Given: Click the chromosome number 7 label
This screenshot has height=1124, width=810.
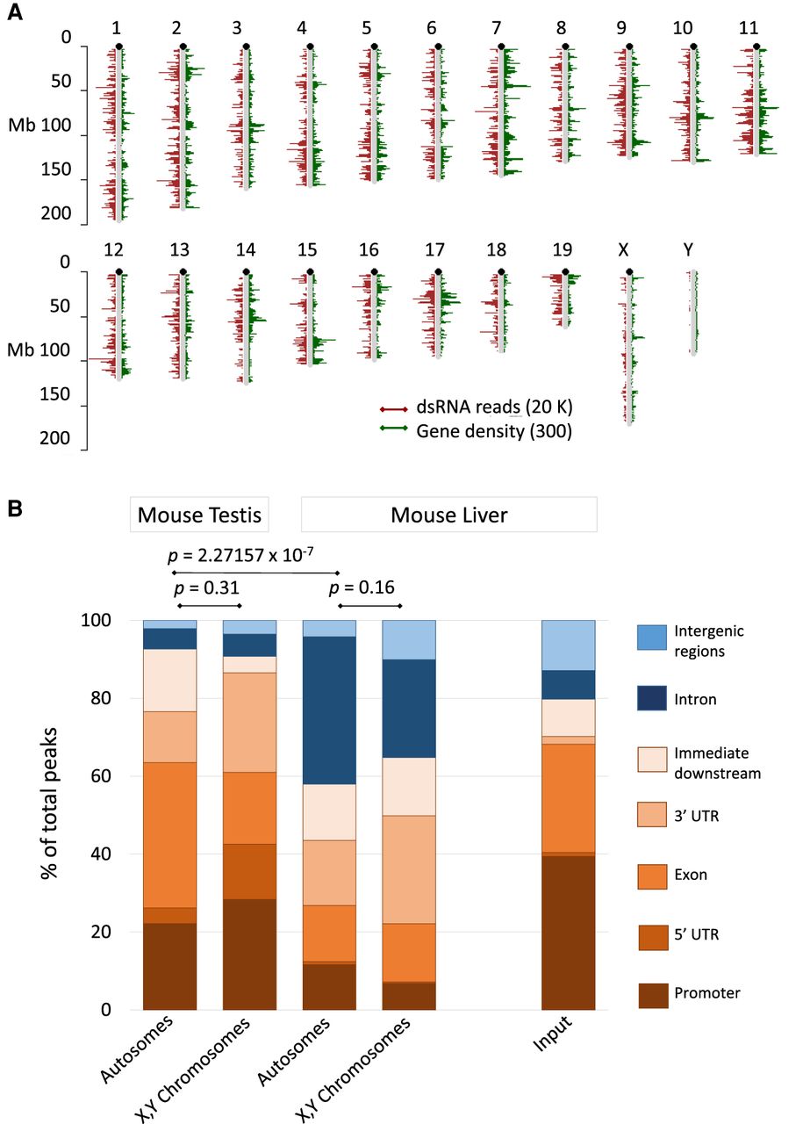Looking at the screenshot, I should (x=498, y=29).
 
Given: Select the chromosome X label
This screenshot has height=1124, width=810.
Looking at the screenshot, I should (x=623, y=252).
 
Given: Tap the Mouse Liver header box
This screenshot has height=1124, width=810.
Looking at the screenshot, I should (x=448, y=515).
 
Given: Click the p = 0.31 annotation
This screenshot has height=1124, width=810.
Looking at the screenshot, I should (x=209, y=587).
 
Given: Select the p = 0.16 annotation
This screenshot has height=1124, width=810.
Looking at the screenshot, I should (x=369, y=587).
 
